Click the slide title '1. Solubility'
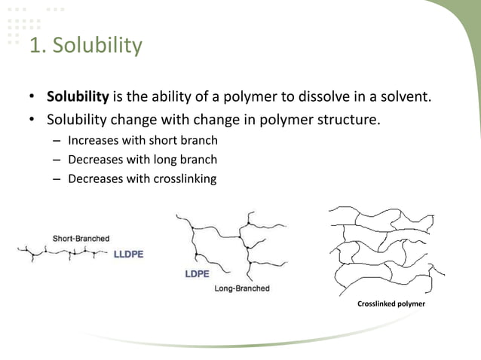(85, 46)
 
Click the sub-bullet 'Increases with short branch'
(142, 140)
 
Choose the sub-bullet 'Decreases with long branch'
(142, 160)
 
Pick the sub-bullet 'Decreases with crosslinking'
(142, 179)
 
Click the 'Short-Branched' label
(81, 239)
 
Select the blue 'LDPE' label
(198, 274)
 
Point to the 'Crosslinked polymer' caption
(391, 304)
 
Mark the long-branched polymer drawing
(234, 241)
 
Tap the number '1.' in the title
(36, 46)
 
